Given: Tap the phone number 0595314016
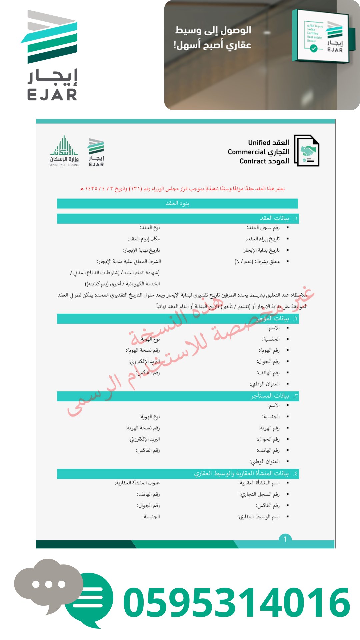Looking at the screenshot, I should [237, 602].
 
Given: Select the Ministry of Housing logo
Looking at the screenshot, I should [64, 151].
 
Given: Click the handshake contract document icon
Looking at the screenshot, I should [307, 151].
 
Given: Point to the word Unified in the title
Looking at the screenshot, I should [259, 143].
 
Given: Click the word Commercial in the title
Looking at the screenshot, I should [246, 152].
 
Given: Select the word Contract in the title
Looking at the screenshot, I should [253, 161].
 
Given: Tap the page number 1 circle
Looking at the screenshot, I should [285, 539].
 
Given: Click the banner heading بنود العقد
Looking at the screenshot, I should [177, 203].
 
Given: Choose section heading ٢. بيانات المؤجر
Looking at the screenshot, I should [277, 319].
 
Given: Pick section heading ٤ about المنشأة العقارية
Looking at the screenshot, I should [245, 474].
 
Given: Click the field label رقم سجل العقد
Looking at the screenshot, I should [263, 228].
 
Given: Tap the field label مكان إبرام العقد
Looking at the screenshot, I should [144, 239].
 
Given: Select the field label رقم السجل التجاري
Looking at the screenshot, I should [259, 494].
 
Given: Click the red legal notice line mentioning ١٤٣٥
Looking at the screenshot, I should [182, 189].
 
